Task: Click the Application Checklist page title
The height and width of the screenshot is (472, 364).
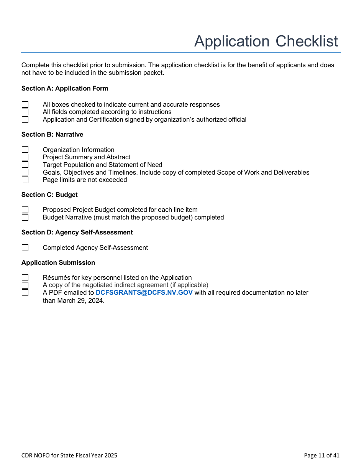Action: click(x=266, y=41)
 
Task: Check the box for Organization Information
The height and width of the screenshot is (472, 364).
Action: click(x=25, y=150)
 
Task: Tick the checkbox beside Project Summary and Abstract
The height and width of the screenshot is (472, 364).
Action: click(x=25, y=157)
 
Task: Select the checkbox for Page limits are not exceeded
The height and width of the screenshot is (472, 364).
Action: click(x=25, y=180)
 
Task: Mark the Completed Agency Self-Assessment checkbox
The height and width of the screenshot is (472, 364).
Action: click(x=25, y=248)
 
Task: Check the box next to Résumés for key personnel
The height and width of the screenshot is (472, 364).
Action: click(x=25, y=278)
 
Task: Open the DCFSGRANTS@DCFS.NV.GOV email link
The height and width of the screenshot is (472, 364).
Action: click(x=144, y=293)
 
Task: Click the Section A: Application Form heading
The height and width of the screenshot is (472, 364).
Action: click(x=65, y=89)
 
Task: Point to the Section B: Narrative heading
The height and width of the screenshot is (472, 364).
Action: click(x=52, y=135)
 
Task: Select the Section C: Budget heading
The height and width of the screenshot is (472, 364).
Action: click(x=49, y=195)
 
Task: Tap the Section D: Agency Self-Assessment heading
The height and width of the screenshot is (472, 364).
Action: click(x=77, y=233)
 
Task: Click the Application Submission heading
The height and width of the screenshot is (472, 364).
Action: click(x=58, y=263)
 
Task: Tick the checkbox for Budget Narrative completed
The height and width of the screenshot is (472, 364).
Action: click(x=25, y=218)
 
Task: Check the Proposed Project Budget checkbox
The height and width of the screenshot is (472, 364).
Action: click(x=25, y=210)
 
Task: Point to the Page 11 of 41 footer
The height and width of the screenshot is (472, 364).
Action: click(x=321, y=455)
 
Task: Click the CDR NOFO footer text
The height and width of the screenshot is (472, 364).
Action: click(x=69, y=455)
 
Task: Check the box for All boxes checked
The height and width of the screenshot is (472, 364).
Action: click(x=25, y=104)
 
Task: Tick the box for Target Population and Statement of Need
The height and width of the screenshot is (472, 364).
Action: click(x=25, y=165)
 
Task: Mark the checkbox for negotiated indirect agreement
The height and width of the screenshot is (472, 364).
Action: click(x=25, y=285)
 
